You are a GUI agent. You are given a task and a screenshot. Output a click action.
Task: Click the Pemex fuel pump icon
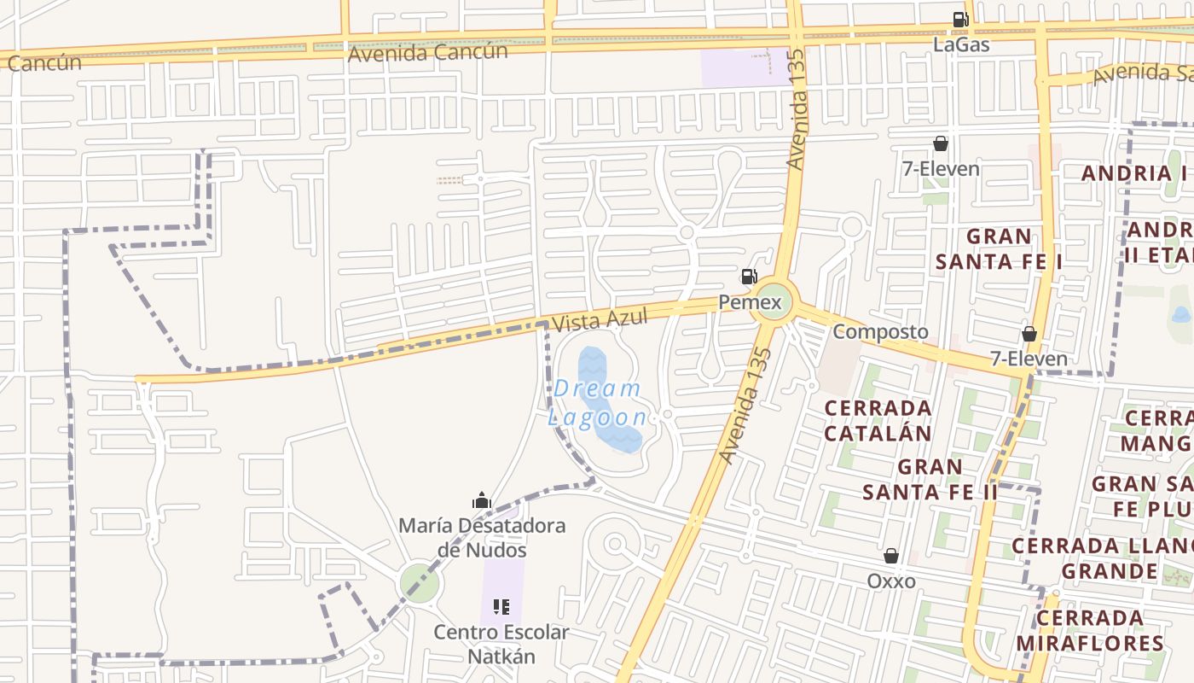[749, 276]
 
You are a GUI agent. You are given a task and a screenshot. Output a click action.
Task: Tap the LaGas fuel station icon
[960, 20]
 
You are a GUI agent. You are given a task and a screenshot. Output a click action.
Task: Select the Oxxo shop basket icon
[891, 557]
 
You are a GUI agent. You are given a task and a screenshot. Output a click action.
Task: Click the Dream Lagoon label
[597, 403]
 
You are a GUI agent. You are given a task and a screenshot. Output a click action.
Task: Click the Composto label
[880, 331]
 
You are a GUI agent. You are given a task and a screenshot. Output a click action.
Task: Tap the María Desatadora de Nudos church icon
[482, 500]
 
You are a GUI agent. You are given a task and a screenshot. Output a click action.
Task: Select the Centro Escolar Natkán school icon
[501, 607]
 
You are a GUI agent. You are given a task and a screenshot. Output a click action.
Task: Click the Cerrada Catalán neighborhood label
[878, 420]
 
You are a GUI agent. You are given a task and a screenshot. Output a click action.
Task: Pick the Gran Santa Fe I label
[999, 248]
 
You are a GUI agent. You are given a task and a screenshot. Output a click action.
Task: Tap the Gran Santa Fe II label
[930, 480]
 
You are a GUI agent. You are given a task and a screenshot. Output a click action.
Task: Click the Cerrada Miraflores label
[1089, 630]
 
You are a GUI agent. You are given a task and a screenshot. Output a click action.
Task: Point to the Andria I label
[1134, 173]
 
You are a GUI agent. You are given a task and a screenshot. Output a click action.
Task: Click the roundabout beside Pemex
[774, 302]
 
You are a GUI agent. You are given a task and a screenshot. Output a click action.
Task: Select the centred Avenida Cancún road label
[427, 52]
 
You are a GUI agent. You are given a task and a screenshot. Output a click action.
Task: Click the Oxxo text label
[891, 581]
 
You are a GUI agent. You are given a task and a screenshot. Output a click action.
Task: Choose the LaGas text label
[961, 44]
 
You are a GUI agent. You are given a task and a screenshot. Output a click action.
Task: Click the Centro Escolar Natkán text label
[501, 645]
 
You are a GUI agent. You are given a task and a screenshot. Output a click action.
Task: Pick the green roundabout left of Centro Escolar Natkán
[420, 584]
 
